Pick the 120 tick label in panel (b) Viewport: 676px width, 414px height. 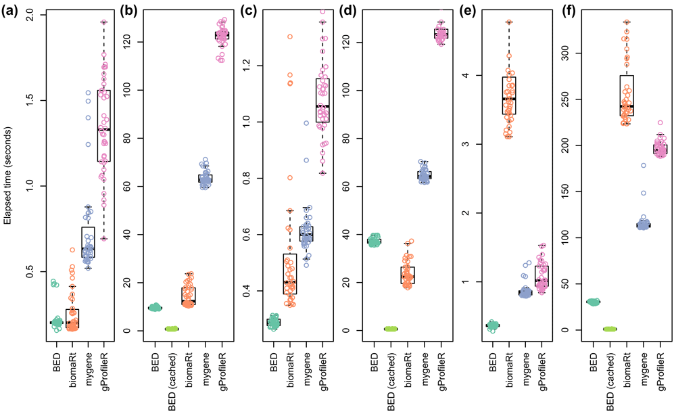[x=140, y=42]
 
